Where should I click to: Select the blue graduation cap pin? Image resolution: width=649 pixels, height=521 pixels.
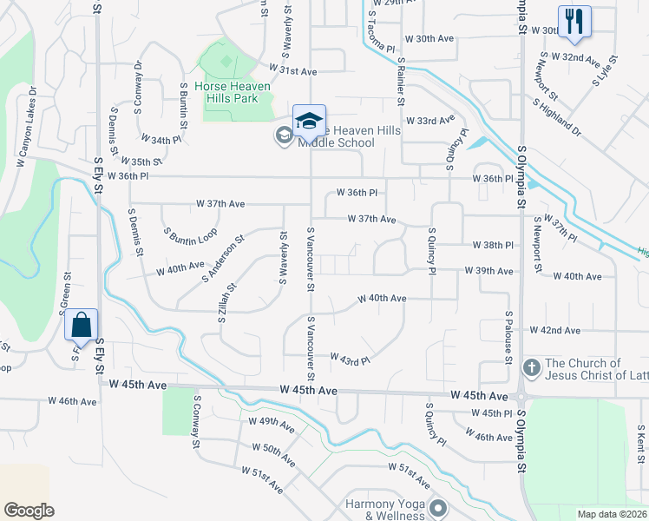(x=308, y=121)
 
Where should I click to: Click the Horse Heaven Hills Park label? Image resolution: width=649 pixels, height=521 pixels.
(x=233, y=92)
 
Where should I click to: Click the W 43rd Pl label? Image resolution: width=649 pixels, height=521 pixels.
(x=351, y=358)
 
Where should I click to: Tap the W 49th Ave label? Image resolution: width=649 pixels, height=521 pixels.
(x=271, y=425)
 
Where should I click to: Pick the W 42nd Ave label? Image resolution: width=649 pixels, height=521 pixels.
(x=560, y=331)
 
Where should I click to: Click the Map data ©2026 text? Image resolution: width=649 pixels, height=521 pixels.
(x=612, y=513)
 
